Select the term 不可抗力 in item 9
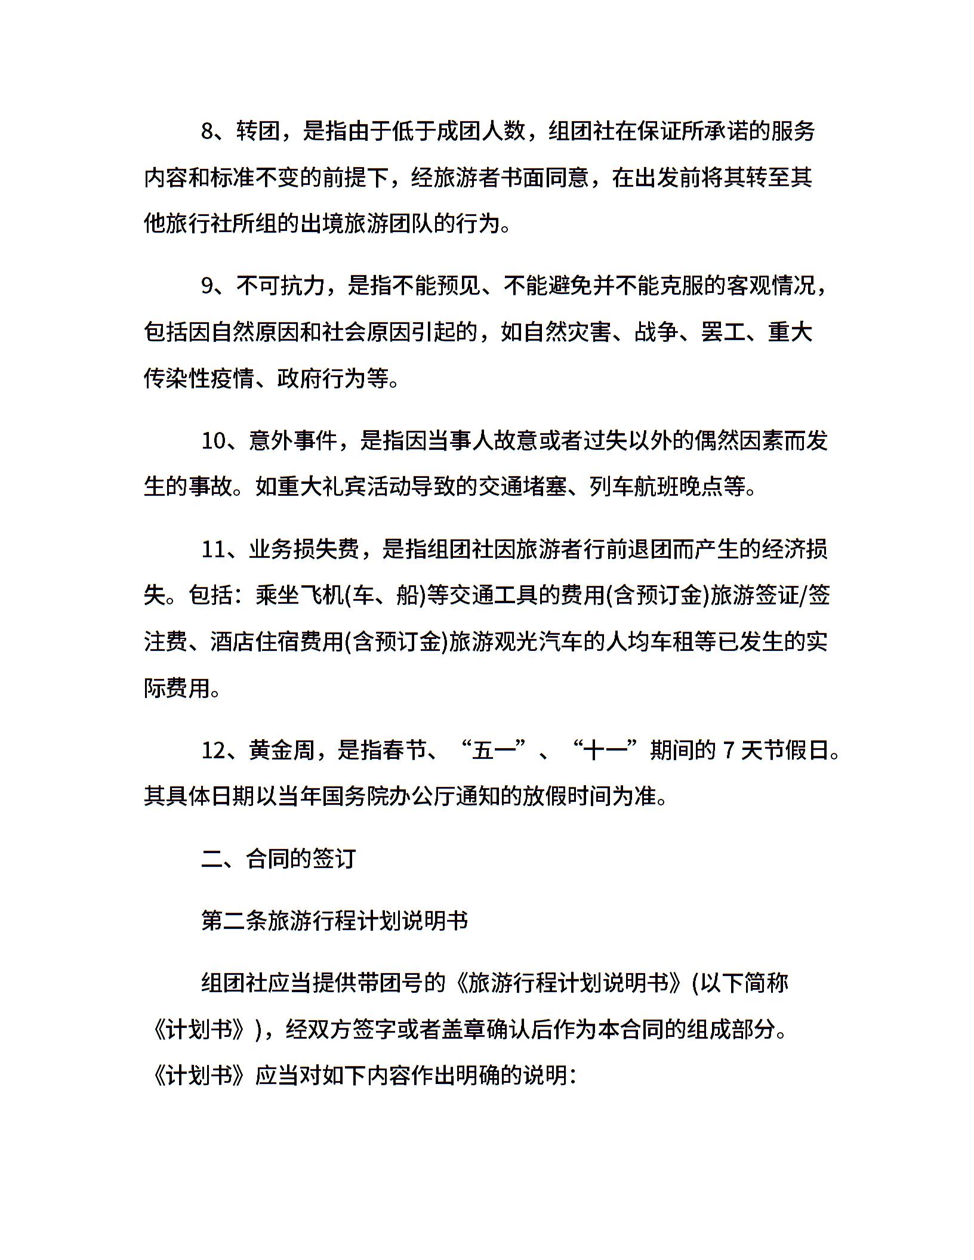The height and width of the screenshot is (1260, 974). click(x=281, y=286)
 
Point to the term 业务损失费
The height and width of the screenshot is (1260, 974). click(x=304, y=549)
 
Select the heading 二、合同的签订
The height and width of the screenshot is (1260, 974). click(x=279, y=858)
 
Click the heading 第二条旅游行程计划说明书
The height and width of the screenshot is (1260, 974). click(x=334, y=921)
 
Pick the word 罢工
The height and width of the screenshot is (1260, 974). click(x=723, y=332)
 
